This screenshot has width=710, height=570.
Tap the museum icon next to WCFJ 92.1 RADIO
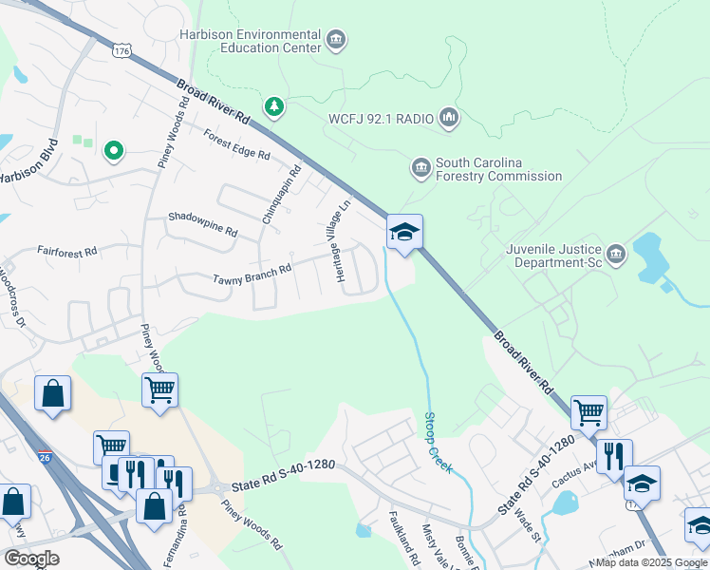449,119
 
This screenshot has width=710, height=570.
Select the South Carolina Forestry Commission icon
421,168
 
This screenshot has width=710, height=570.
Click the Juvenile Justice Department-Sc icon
617,253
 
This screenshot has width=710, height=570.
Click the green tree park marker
274,106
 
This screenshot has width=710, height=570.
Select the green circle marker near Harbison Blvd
114,150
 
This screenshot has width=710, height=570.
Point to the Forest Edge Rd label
236,145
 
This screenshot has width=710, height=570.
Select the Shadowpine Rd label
202,224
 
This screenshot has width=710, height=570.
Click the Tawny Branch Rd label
252,275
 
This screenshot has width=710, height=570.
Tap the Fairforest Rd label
67,253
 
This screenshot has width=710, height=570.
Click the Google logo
31,558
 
